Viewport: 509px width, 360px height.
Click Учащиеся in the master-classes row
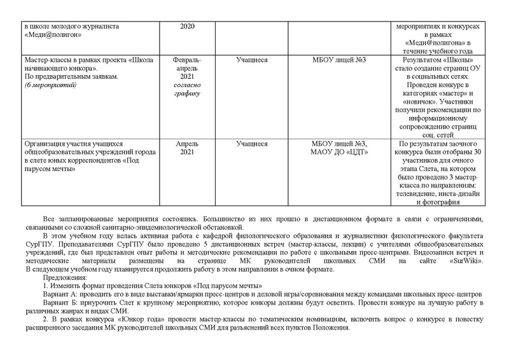tap(251, 60)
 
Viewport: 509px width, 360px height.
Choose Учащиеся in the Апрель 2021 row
tap(251, 144)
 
